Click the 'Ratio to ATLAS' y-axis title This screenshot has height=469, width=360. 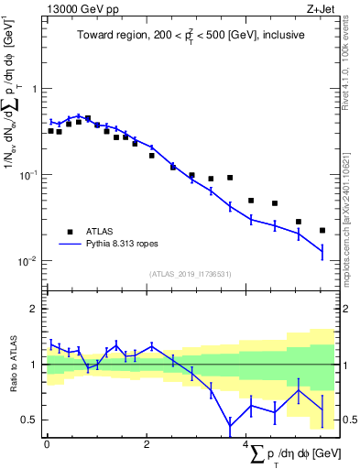(13, 365)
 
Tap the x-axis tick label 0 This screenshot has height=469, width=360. (46, 444)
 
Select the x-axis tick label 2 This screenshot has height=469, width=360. (147, 444)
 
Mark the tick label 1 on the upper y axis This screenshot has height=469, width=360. (34, 90)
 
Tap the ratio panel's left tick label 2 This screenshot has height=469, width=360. (34, 310)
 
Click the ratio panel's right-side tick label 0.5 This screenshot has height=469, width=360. (346, 420)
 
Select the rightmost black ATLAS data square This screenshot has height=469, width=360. (322, 230)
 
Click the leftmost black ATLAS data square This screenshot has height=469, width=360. (50, 131)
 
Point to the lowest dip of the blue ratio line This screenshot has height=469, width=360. (230, 427)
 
